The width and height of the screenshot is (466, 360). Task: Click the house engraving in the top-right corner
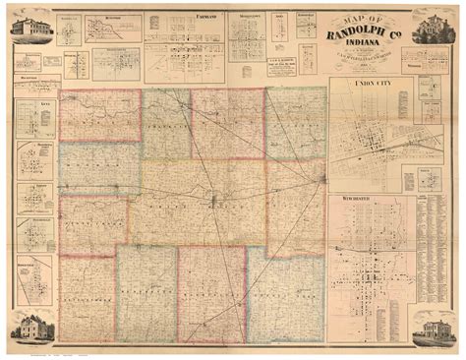(x=434, y=31)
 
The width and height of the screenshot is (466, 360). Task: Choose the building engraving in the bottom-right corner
(x=434, y=329)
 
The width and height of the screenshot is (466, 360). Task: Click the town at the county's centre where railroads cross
(x=214, y=203)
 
